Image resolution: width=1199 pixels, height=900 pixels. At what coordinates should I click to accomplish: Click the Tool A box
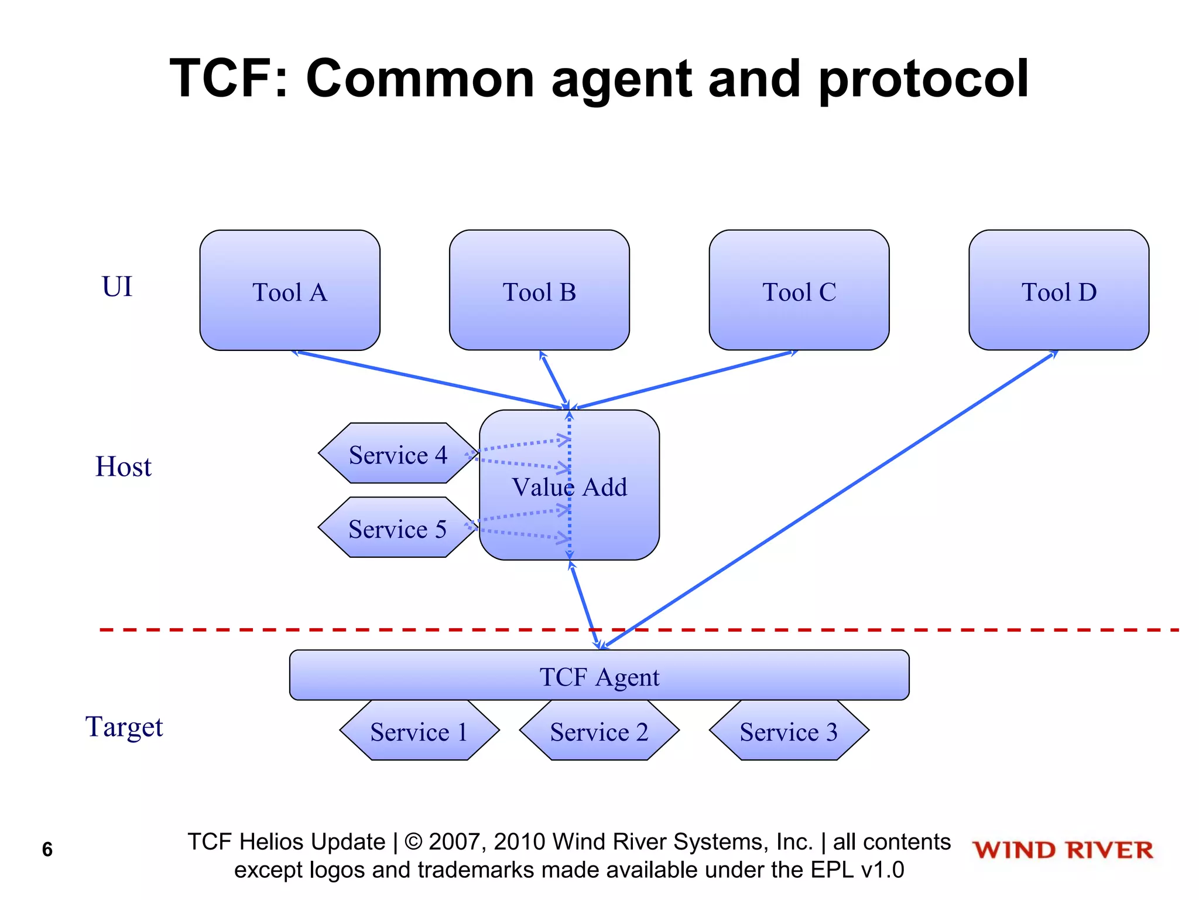coord(290,291)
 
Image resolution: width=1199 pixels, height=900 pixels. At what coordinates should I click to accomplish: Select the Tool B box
coord(539,291)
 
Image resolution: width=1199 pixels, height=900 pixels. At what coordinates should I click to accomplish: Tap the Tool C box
coord(799,291)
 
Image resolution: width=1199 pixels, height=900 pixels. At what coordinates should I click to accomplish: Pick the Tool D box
coord(1058,291)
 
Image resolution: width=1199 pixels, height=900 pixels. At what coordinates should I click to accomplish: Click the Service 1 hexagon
coord(419,731)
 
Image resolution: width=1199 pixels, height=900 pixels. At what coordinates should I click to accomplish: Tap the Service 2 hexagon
coord(599,731)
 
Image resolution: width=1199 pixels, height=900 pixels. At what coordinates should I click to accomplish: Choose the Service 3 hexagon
coord(789,731)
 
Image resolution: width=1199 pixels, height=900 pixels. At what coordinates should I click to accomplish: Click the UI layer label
coord(117,287)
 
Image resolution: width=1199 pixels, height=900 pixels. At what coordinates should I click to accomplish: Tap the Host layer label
coord(123,467)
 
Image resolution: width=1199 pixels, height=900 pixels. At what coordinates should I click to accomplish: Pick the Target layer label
coord(124,727)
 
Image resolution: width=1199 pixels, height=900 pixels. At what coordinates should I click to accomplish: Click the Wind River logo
coord(1063,850)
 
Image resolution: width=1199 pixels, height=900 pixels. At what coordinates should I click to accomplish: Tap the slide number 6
coord(47,849)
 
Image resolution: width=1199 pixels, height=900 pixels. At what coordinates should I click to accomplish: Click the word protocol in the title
coord(923,79)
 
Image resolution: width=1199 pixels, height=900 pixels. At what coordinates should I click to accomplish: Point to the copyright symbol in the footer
coord(413,842)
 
